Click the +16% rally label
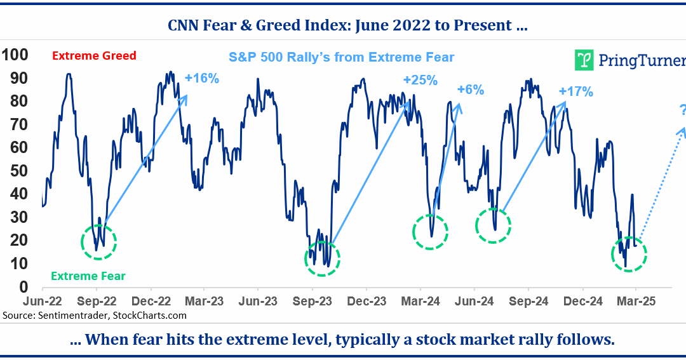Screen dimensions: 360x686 click(x=201, y=79)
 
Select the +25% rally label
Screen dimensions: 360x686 click(x=420, y=80)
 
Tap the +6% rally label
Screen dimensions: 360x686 click(x=470, y=90)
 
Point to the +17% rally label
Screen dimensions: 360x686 click(x=575, y=91)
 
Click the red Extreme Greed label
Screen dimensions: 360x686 click(x=94, y=56)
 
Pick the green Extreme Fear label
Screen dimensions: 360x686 click(x=88, y=276)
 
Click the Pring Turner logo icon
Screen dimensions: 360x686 click(x=584, y=60)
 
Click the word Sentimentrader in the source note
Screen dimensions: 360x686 click(x=72, y=315)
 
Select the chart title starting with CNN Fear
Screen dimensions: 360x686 click(x=348, y=26)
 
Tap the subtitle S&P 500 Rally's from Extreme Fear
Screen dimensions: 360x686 click(x=341, y=57)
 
